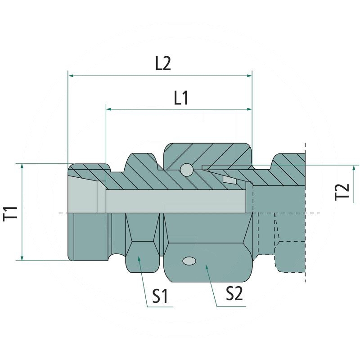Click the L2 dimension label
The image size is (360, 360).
tap(163, 63)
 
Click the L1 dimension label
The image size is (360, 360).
tap(181, 98)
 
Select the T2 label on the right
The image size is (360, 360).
tap(342, 192)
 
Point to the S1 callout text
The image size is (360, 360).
tap(160, 296)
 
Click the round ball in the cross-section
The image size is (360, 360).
tap(186, 170)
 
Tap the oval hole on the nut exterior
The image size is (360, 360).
tap(189, 261)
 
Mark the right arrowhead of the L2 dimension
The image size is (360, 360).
tap(249, 76)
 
